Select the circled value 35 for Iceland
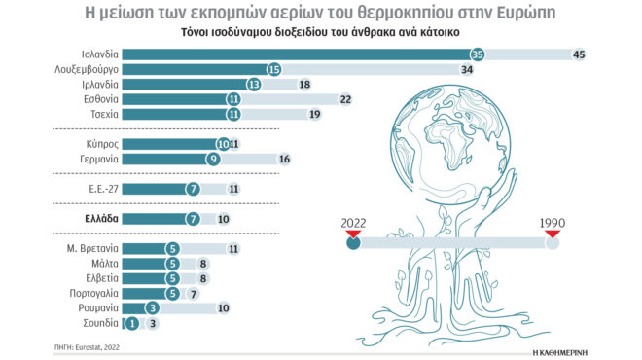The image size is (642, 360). click(477, 54)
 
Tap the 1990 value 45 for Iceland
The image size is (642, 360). click(579, 54)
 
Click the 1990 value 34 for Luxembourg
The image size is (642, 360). click(467, 69)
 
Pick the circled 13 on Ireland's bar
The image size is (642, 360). click(255, 85)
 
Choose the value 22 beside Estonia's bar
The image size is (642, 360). click(346, 99)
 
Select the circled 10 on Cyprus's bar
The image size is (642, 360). click(223, 144)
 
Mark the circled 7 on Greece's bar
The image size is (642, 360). click(193, 219)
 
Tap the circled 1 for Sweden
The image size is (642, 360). click(131, 322)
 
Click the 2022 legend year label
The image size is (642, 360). click(353, 223)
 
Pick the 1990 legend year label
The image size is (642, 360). click(553, 223)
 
